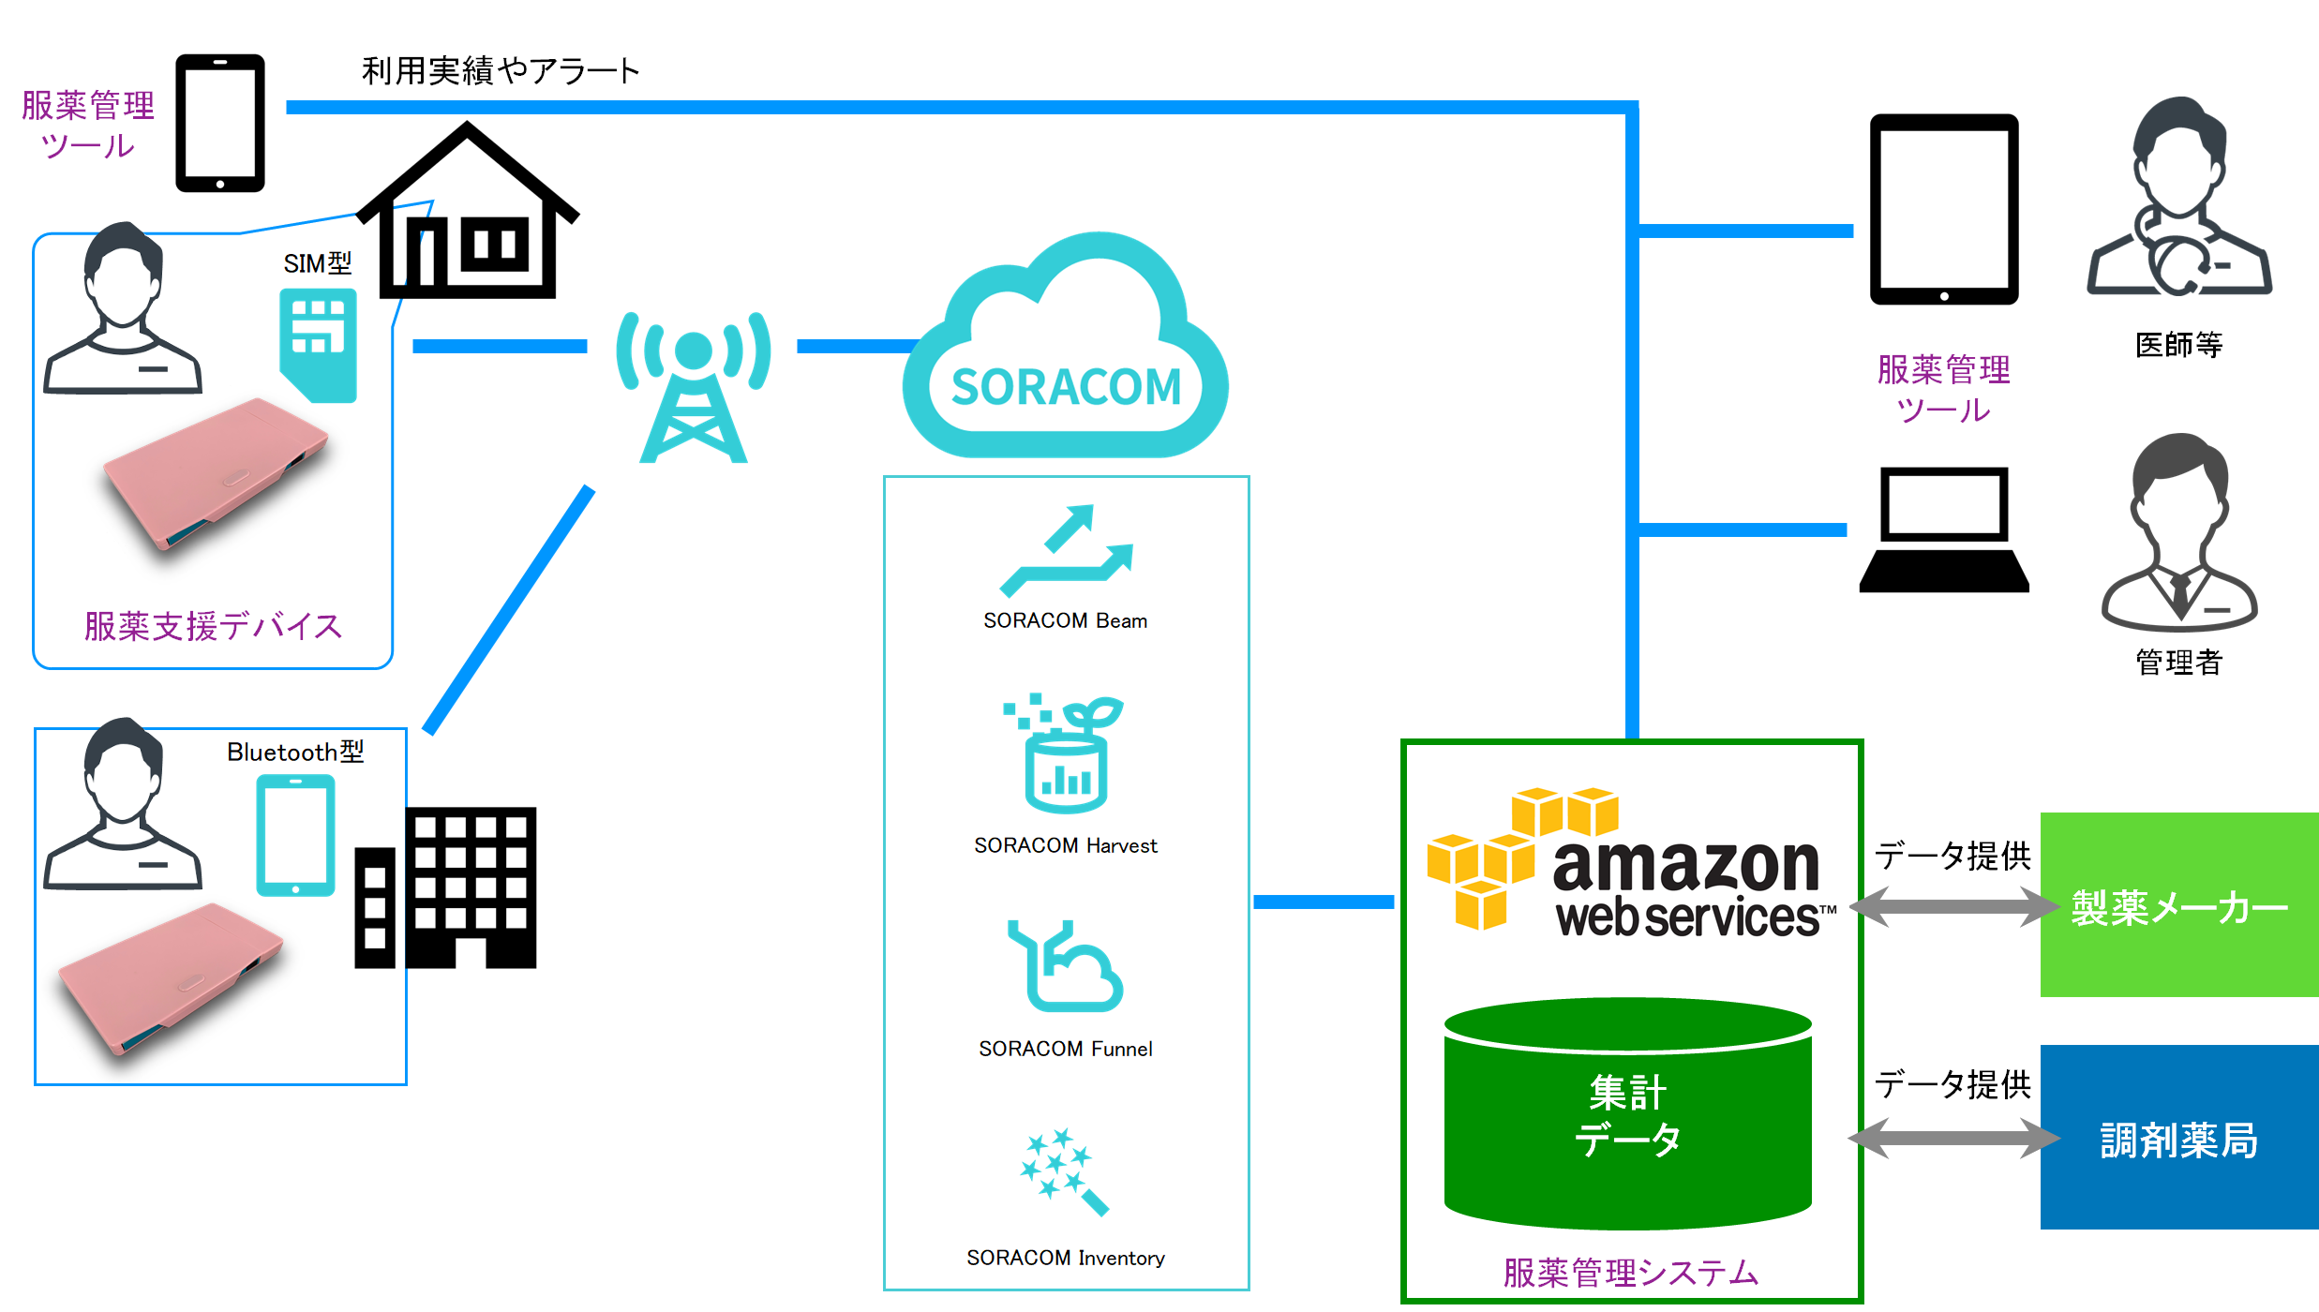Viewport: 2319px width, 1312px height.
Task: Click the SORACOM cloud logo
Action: [x=1066, y=351]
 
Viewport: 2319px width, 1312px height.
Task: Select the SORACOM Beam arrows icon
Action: [x=1067, y=551]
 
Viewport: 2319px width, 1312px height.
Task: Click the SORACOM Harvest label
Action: [x=1066, y=845]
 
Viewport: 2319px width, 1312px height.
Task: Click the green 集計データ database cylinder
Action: [x=1628, y=1114]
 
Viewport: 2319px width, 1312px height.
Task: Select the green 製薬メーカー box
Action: [x=2179, y=905]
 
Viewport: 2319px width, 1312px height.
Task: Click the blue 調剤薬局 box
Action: [x=2179, y=1138]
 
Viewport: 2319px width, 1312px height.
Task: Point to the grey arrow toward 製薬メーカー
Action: [x=1953, y=907]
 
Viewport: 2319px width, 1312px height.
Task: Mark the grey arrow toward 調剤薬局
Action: [x=1953, y=1139]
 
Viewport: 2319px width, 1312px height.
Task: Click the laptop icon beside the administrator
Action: [x=1944, y=530]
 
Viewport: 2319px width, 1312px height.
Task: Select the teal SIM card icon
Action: [x=319, y=345]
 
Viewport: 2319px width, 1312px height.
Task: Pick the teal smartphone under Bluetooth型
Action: [x=295, y=835]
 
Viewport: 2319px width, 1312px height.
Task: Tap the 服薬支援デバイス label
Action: [x=213, y=626]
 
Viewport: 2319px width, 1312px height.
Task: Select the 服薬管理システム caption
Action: [x=1631, y=1273]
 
